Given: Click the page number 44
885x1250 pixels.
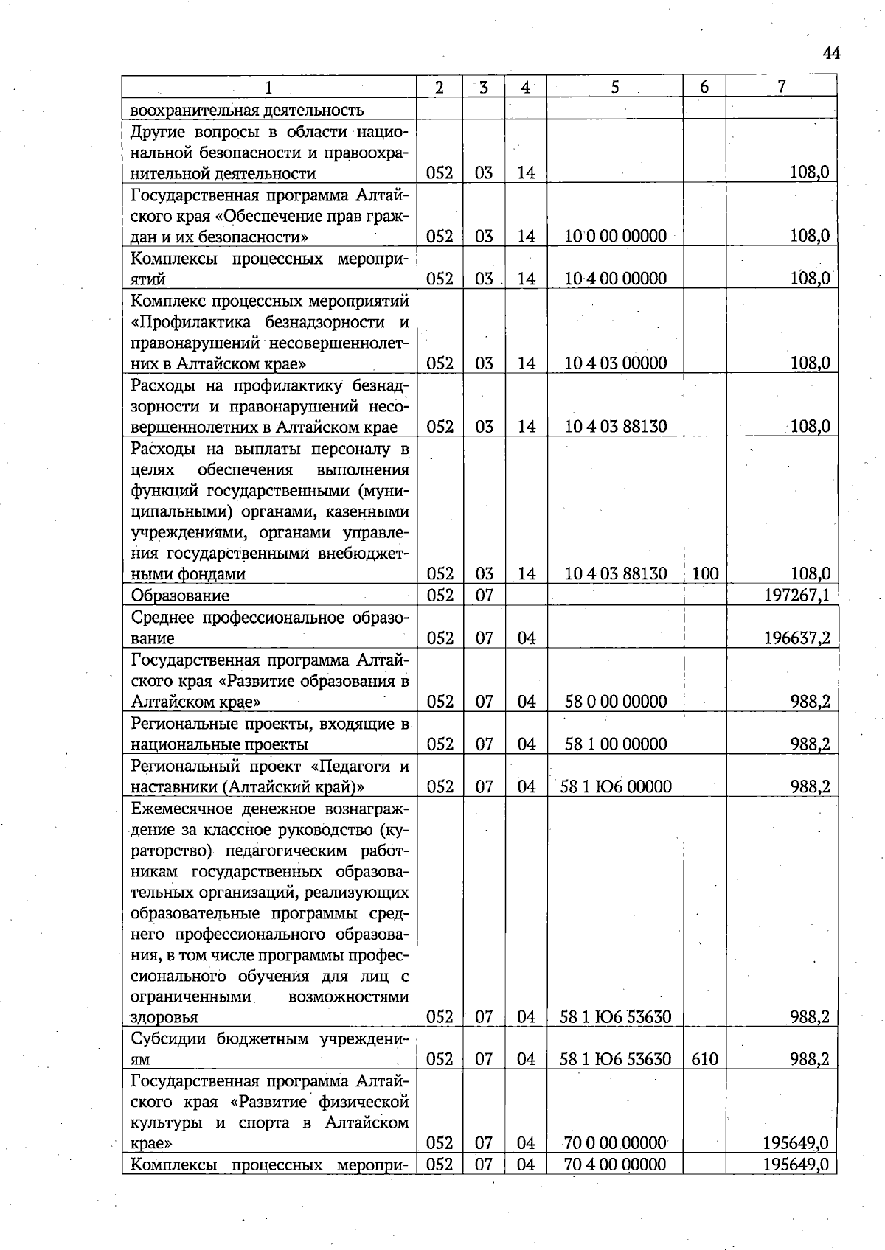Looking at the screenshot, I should click(x=831, y=53).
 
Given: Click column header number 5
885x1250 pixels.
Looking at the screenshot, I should click(x=614, y=87).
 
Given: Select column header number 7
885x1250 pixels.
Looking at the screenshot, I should click(x=781, y=87).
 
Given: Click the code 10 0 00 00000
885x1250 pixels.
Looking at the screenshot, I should click(x=615, y=237).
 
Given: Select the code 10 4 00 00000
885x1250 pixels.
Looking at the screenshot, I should click(x=615, y=279).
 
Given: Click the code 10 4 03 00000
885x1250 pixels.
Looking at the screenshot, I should click(x=615, y=363).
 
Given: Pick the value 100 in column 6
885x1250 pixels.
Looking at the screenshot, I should click(x=705, y=574).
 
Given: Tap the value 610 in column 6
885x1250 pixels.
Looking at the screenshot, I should click(x=705, y=1060).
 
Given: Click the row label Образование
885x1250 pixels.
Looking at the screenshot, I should click(x=180, y=596).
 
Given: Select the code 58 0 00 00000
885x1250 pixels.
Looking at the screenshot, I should click(x=615, y=702).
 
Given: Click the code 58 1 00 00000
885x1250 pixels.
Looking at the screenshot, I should click(x=615, y=744).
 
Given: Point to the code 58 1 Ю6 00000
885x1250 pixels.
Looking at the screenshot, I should click(x=615, y=787).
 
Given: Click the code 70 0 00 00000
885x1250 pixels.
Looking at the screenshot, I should click(x=615, y=1144).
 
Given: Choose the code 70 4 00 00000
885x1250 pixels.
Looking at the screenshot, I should click(x=615, y=1165).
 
